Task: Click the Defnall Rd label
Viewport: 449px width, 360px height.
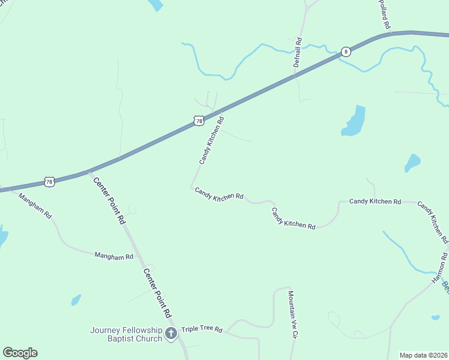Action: pos(298,52)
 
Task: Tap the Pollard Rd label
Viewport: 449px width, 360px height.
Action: pos(385,15)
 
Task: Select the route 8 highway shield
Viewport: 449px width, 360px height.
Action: pos(346,52)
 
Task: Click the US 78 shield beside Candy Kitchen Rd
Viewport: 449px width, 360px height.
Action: pos(199,121)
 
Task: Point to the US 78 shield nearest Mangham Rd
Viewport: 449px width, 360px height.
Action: pos(50,181)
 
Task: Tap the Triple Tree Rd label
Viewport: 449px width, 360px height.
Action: pos(202,330)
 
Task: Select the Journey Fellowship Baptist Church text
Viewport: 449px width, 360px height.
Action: pos(127,334)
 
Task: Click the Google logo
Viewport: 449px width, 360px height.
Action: pos(20,353)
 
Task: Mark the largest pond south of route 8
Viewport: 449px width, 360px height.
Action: pos(354,122)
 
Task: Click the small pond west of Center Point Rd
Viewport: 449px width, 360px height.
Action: pos(76,299)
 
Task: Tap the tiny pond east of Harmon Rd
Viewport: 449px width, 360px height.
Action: pos(435,317)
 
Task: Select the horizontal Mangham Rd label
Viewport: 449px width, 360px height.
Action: pos(113,256)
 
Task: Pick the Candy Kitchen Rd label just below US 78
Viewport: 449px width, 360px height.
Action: pos(212,140)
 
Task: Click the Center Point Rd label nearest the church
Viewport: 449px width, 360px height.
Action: pos(158,293)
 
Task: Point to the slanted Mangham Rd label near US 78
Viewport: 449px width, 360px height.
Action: pos(35,205)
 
